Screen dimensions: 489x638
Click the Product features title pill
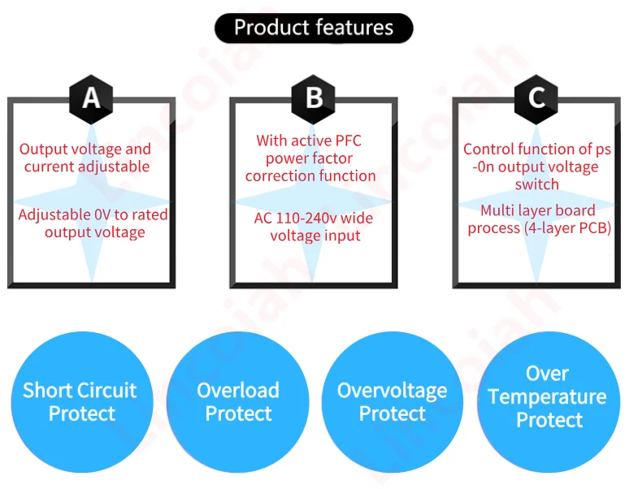click(314, 28)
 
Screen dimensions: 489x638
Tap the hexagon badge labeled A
click(92, 98)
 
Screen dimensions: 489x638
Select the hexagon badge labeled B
click(314, 98)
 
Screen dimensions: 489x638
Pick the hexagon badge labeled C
click(536, 98)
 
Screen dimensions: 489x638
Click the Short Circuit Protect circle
click(80, 401)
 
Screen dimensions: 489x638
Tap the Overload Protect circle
click(237, 401)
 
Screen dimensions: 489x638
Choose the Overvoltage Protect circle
click(393, 401)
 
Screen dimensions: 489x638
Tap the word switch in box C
click(536, 184)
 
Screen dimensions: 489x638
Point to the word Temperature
click(547, 397)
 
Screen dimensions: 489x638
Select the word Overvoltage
click(392, 391)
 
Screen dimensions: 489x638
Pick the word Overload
click(237, 391)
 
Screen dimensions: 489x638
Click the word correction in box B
click(280, 176)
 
